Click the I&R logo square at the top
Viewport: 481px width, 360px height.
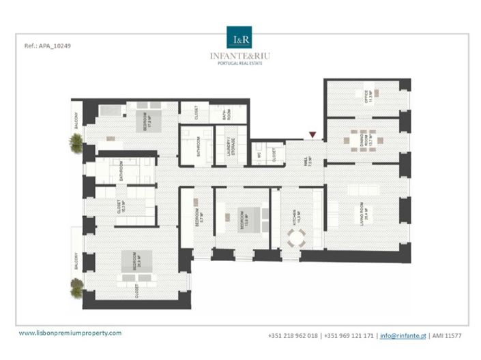[x=239, y=37]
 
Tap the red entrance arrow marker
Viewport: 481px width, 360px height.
[x=312, y=135]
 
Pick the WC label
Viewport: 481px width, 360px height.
[x=259, y=155]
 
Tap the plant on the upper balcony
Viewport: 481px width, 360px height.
[x=76, y=142]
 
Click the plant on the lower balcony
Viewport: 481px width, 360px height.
[x=76, y=287]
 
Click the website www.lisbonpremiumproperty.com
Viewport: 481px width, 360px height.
[x=70, y=333]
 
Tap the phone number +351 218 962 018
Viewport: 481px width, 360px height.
[x=293, y=335]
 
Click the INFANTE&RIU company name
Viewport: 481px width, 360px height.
[x=239, y=55]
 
